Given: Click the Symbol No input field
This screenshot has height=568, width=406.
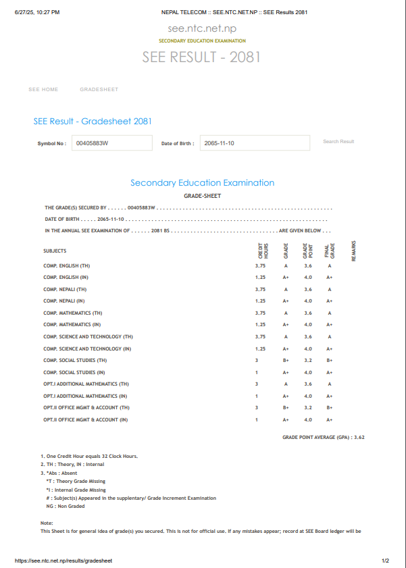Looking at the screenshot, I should point(111,143).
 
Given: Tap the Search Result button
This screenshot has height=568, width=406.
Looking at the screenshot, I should point(338,142).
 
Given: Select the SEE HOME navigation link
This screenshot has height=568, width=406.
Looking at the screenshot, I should point(43,90).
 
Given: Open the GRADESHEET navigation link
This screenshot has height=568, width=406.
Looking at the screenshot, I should point(99,90).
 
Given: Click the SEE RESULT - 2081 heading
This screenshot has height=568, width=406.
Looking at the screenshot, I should point(201,57).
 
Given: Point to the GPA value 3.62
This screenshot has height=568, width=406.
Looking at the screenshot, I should point(359,438).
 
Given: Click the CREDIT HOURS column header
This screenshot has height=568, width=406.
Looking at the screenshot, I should point(263,251).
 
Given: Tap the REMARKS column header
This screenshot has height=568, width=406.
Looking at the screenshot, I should point(354,251).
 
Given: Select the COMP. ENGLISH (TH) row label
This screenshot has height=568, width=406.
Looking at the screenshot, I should point(66,266).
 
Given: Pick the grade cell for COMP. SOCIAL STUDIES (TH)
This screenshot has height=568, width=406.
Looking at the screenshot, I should point(286,361).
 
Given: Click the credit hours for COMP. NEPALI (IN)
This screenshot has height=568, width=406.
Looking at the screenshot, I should point(260,301).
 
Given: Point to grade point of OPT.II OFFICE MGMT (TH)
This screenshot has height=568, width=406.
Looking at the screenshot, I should point(308,408).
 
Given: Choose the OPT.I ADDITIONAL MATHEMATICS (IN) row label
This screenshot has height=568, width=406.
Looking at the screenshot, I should point(85,396).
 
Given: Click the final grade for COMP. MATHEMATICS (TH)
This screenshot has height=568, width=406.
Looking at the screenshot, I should point(330,313).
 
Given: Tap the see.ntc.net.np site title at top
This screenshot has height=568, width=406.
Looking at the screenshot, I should point(202,28).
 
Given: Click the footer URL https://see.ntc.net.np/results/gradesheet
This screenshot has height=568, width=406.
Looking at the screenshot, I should point(64,561).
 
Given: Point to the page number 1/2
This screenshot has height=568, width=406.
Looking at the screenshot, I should point(385,561).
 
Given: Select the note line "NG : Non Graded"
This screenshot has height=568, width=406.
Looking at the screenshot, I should point(66,506).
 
